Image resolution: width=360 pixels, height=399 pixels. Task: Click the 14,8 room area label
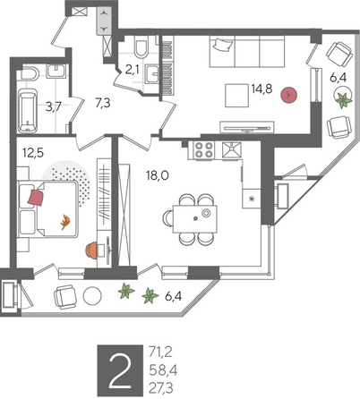(263, 88)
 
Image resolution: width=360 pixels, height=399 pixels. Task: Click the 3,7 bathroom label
(54, 106)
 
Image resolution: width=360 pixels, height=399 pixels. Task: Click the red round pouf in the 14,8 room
(287, 93)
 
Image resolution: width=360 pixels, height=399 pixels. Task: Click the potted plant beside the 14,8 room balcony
(341, 100)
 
